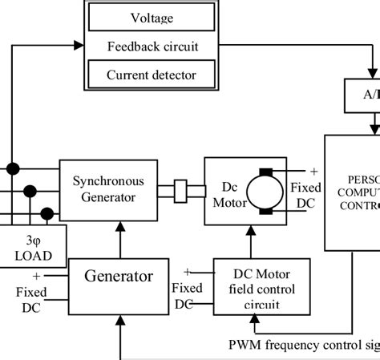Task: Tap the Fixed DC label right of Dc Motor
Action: click(306, 195)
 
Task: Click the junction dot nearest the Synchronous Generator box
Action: click(47, 212)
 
